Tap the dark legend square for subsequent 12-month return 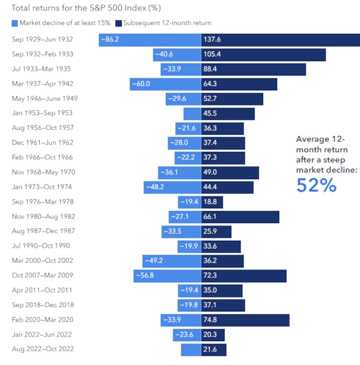click(x=119, y=23)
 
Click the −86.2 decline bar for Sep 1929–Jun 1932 click(x=150, y=40)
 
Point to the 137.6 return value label click(x=213, y=40)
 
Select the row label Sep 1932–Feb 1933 click(x=41, y=54)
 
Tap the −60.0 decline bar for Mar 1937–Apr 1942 click(x=165, y=84)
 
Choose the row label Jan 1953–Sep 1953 click(x=41, y=113)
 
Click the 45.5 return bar click(x=225, y=113)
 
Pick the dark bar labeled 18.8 click(x=212, y=202)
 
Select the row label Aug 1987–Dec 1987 click(x=41, y=232)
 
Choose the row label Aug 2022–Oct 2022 click(x=41, y=350)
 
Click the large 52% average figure click(x=317, y=186)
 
